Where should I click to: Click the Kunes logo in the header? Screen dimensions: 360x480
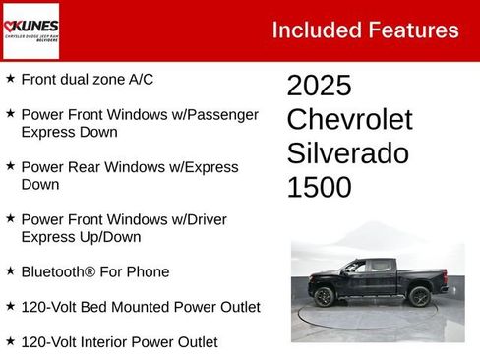(31, 30)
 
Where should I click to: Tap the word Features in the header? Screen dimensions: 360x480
(414, 30)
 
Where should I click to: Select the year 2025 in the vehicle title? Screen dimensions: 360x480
(319, 86)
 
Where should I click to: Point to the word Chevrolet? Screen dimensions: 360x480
(349, 120)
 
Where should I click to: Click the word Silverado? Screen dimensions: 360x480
(347, 153)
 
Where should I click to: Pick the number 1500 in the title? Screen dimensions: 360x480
(319, 187)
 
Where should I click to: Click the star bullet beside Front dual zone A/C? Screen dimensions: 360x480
(10, 78)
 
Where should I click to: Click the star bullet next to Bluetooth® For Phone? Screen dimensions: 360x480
(10, 271)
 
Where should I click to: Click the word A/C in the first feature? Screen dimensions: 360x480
(140, 79)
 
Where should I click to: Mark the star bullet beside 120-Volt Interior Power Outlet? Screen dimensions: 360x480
(10, 341)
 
